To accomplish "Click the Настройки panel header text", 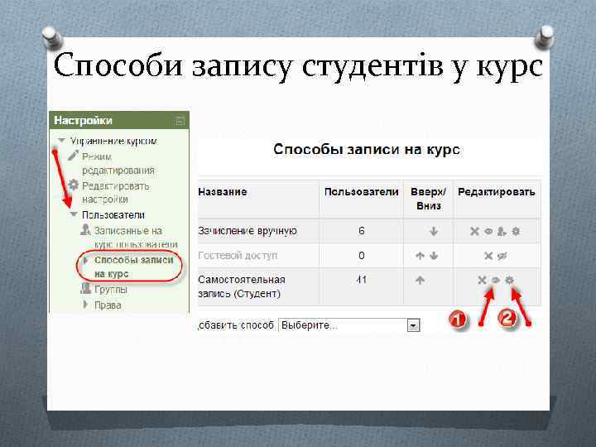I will (83, 121).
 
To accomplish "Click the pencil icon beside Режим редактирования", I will (74, 156).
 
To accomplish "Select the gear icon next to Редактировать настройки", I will (74, 185).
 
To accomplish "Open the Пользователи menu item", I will (107, 215).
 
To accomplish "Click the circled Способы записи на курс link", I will (133, 266).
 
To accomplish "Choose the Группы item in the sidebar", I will (110, 290).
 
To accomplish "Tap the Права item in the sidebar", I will (108, 305).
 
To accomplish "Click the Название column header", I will (222, 192).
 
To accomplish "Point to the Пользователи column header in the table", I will (361, 192).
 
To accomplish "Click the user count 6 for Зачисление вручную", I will (361, 231).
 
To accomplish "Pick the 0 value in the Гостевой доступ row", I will (361, 256).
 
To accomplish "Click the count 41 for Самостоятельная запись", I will (361, 281).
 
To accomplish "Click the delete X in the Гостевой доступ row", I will (488, 256).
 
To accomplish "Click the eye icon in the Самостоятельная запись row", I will (496, 281).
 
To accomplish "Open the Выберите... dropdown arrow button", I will (412, 326).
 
